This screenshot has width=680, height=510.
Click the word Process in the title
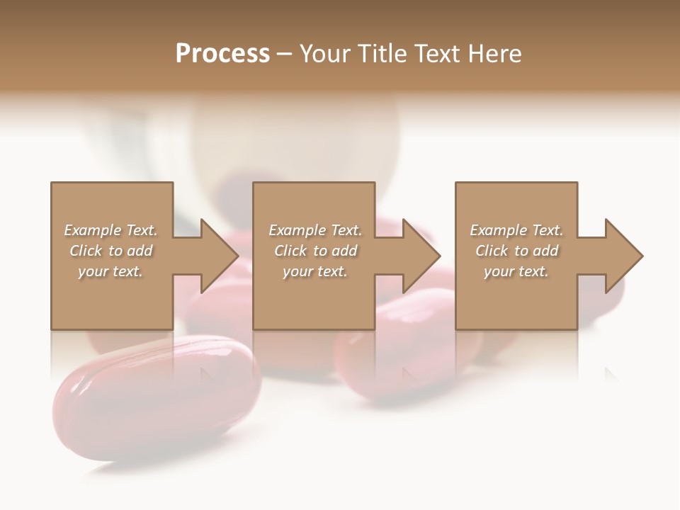[222, 54]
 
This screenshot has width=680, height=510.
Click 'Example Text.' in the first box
[110, 230]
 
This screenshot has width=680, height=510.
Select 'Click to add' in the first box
[110, 251]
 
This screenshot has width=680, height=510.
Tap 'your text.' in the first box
[110, 271]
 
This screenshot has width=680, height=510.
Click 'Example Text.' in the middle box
[315, 230]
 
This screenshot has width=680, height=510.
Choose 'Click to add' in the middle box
[315, 251]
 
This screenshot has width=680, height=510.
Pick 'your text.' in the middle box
[315, 271]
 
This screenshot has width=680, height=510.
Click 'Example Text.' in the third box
[516, 230]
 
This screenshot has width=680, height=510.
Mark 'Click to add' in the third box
[516, 251]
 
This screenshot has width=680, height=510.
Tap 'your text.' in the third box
[516, 271]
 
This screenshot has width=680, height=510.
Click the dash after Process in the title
[284, 54]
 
